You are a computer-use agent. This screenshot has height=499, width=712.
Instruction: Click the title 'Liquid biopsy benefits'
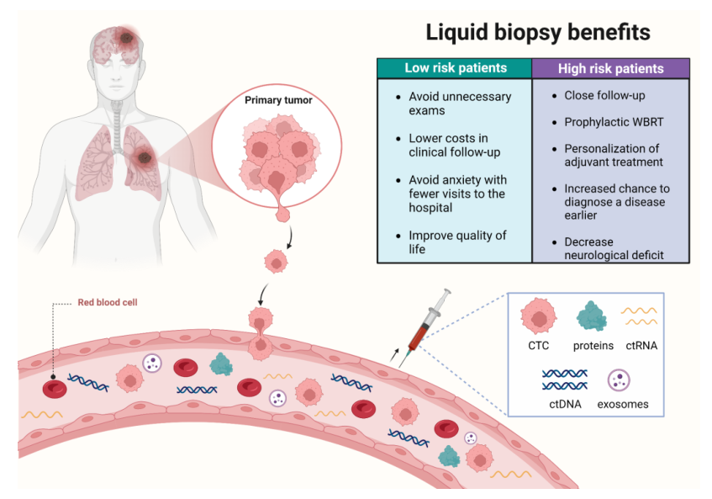[538, 33]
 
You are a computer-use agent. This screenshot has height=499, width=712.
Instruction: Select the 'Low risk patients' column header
[455, 68]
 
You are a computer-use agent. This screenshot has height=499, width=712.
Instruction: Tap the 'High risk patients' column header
[611, 69]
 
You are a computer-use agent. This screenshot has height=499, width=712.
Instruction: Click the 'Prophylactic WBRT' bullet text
[614, 122]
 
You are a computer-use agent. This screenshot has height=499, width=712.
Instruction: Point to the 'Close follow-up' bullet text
[604, 95]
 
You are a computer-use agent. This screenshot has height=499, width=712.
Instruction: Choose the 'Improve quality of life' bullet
[457, 242]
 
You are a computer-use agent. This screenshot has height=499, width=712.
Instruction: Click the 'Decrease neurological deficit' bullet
[614, 248]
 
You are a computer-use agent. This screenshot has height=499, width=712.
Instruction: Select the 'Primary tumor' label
[278, 100]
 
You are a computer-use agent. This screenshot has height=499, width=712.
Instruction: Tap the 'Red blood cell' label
[108, 302]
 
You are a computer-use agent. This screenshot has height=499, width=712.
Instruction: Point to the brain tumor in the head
[126, 38]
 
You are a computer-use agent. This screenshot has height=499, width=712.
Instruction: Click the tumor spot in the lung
[145, 157]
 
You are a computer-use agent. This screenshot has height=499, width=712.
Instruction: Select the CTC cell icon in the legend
[539, 316]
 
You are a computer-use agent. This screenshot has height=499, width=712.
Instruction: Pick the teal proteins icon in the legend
[592, 316]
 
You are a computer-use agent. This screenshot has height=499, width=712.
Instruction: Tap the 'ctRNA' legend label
[641, 346]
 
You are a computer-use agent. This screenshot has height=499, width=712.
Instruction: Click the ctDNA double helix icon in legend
[564, 380]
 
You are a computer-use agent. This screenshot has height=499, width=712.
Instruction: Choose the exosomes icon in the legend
[619, 380]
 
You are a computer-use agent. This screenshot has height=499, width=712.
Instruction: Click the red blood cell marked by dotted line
[55, 389]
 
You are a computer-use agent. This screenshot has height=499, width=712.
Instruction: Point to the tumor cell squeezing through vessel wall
[261, 333]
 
